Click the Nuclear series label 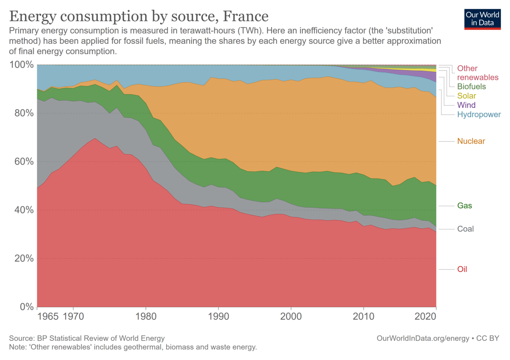click(x=471, y=141)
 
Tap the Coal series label click(x=465, y=229)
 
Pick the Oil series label click(x=462, y=269)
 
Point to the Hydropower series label click(x=478, y=115)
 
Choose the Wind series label click(x=466, y=105)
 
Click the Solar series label click(x=467, y=96)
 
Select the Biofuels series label click(x=471, y=86)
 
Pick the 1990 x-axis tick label click(x=218, y=317)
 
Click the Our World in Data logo click(x=482, y=18)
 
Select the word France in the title click(x=245, y=16)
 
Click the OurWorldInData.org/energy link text click(x=423, y=338)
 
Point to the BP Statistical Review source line click(x=87, y=338)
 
